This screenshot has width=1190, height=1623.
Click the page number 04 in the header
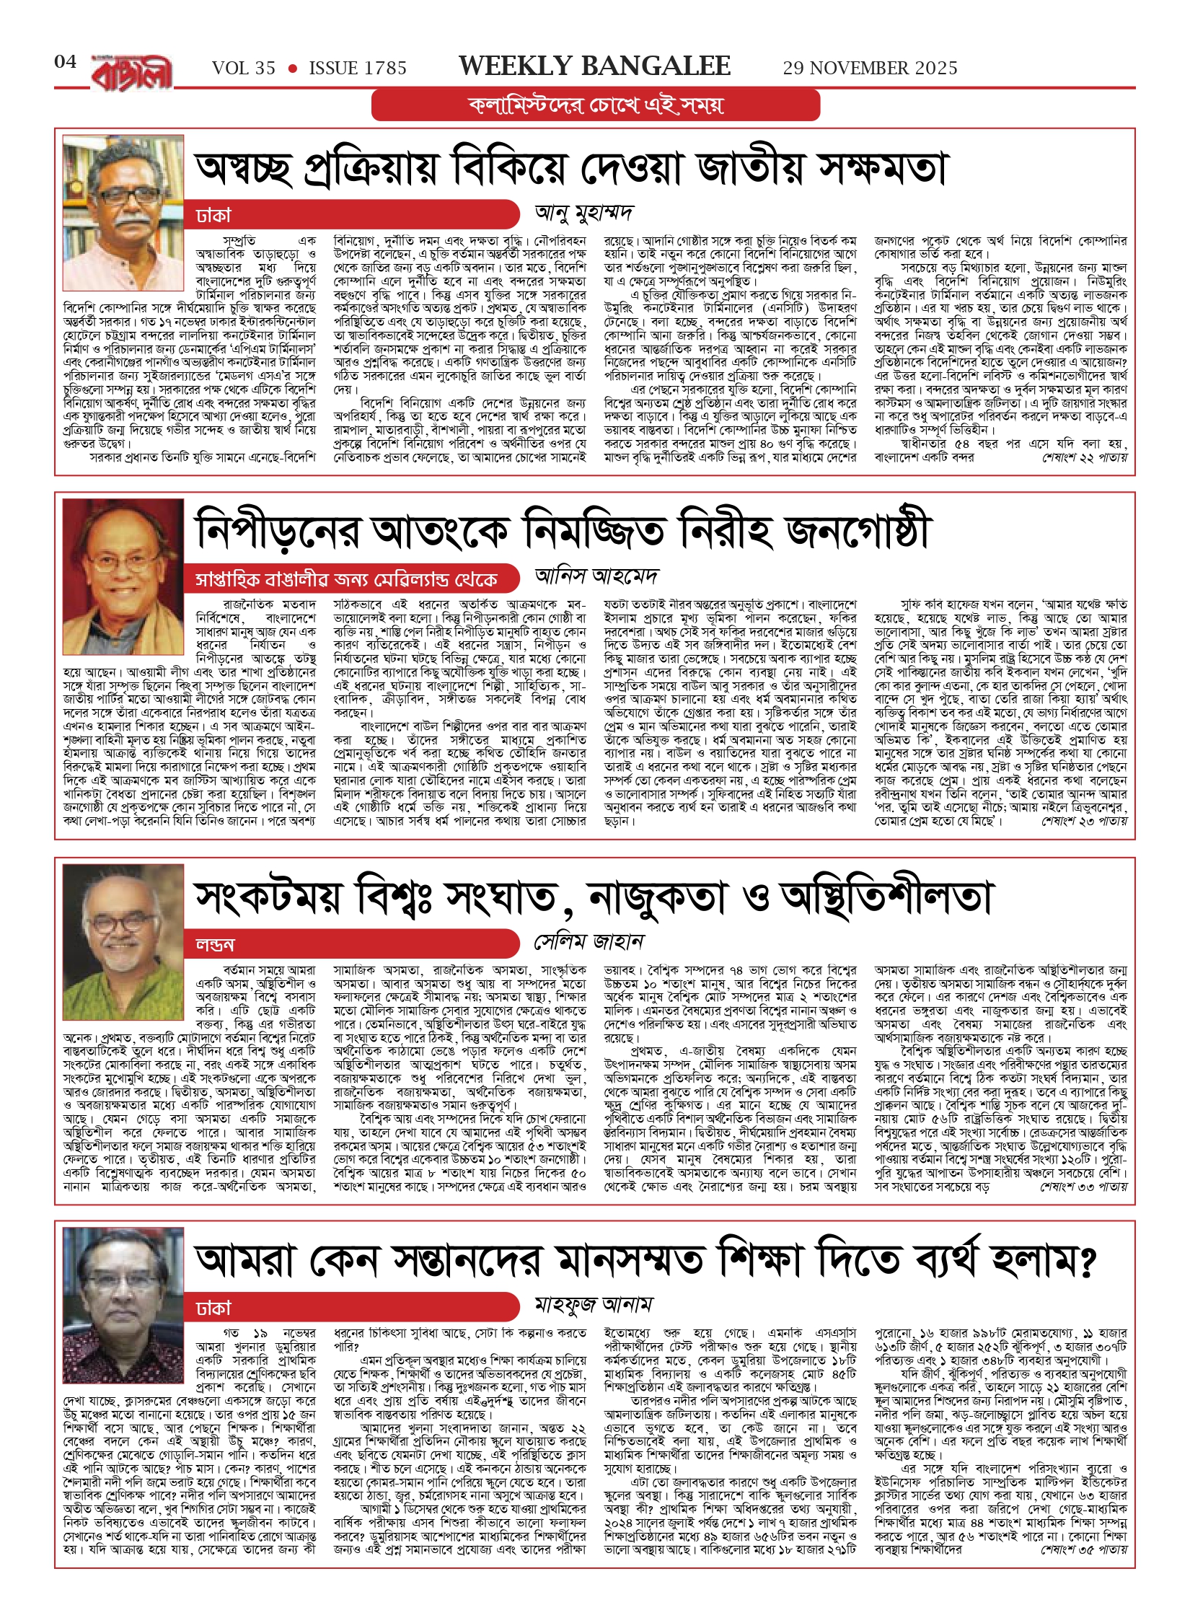point(65,61)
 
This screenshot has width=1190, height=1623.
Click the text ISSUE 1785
point(358,69)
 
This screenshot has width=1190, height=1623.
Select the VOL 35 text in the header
point(243,69)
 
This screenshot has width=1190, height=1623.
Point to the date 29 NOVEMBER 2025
point(870,69)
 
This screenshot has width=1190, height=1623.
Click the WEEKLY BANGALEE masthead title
point(594,66)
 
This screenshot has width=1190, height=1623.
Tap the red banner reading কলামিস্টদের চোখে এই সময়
point(595,105)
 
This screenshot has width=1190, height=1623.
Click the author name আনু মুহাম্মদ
point(583,214)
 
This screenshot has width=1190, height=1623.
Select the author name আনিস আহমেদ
point(596,576)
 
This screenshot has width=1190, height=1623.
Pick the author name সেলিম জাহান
point(589,942)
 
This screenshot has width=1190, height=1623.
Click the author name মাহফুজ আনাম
point(593,1304)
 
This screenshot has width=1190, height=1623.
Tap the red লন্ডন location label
point(215,945)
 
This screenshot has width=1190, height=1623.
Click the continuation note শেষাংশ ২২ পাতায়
point(1084,457)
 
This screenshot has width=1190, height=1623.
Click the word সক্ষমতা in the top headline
point(881,169)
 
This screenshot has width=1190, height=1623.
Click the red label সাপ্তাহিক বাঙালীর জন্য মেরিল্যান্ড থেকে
point(346,580)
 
